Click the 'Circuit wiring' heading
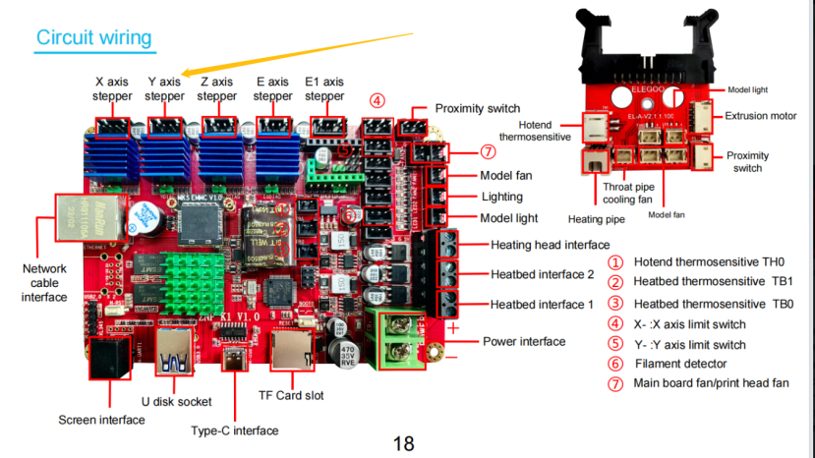[x=93, y=37]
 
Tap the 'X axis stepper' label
[x=112, y=89]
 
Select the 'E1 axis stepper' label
[x=324, y=89]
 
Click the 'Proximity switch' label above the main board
[x=477, y=108]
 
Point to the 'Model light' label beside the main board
[x=508, y=218]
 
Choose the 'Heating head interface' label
[x=550, y=245]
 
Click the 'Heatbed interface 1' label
[x=542, y=305]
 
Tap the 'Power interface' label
[x=524, y=341]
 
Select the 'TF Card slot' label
[x=290, y=396]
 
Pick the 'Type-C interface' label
[x=234, y=430]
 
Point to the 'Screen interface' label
[x=101, y=420]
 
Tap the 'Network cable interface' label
[x=43, y=282]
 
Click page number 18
[x=403, y=443]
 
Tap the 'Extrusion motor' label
[x=761, y=116]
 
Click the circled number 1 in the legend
[x=615, y=262]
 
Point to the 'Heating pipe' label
[x=595, y=218]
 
